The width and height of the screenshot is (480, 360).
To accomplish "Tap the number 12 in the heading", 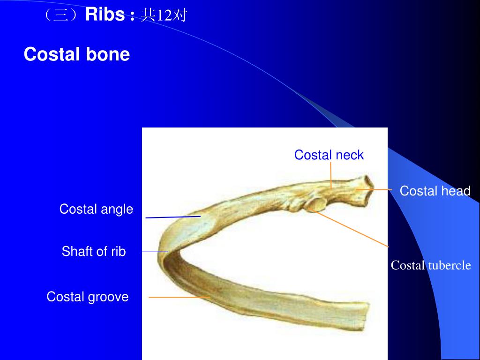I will pos(164,15).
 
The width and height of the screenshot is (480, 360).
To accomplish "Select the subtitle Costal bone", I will pos(76,54).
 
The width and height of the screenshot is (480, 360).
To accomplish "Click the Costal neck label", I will pos(329,155).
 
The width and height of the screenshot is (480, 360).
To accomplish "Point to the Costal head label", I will pos(435,191).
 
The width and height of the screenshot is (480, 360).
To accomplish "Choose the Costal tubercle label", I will pos(431,265).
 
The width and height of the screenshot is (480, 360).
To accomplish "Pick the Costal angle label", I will pos(96,209).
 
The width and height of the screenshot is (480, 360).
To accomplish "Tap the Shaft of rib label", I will pos(94,251).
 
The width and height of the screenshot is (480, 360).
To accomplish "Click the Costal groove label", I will pos(87,297).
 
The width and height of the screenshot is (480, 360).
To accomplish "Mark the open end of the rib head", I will pos(367,191).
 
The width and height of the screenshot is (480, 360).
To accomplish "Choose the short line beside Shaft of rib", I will pos(155,252).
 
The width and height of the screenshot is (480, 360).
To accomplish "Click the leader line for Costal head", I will pos(375,189).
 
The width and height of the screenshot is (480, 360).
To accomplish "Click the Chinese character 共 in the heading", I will pos(149,15).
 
